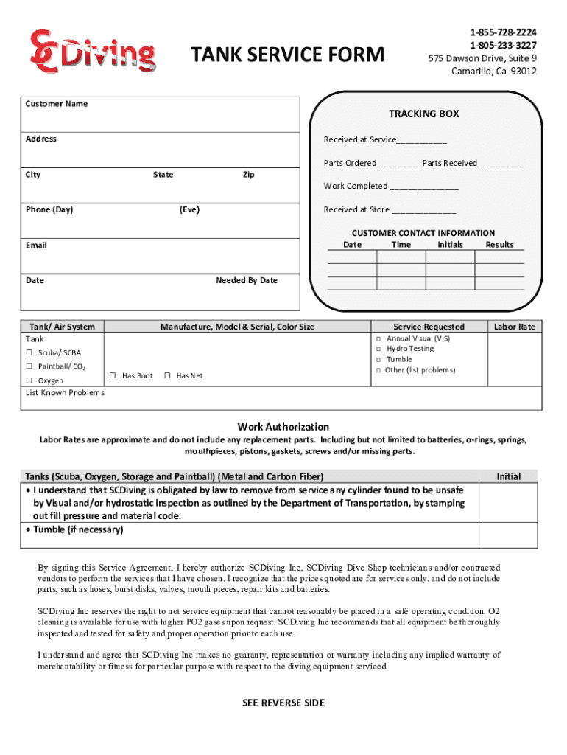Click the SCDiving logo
[92, 52]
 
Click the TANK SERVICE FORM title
[287, 55]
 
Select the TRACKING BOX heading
[423, 114]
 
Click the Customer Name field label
[57, 104]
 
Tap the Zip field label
[248, 175]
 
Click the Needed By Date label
[247, 280]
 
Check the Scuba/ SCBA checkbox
[29, 353]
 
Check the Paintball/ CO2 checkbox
[29, 366]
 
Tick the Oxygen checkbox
[29, 380]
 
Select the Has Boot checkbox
[113, 376]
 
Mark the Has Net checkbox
[167, 376]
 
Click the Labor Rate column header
[514, 327]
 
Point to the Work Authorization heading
[283, 427]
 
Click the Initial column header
[508, 476]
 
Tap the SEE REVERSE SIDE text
[283, 703]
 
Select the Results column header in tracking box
[499, 245]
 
